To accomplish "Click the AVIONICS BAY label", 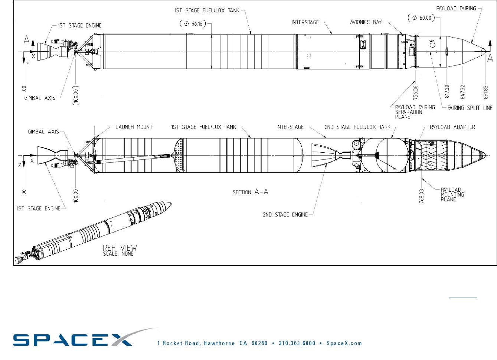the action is pos(366,22).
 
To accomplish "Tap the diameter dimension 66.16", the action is pos(193,23).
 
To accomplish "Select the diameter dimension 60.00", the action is pos(421,18).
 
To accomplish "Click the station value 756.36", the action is pos(415,93).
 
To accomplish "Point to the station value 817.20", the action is pos(447,91).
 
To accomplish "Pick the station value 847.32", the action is pos(462,92).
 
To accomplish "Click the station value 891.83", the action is pos(486,92).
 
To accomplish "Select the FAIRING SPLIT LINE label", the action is pos(470,108).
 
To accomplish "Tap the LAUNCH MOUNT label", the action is pos(134,127).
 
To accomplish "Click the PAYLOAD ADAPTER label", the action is pos(452,127).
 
